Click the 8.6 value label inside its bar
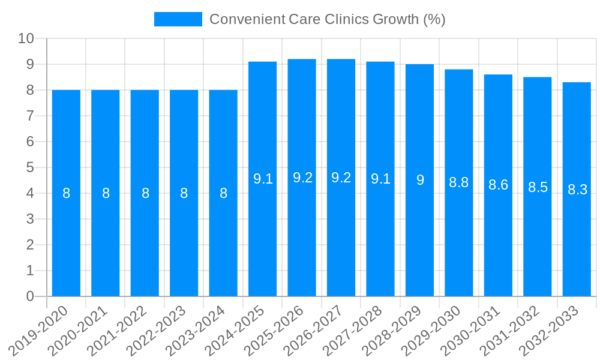coord(498,185)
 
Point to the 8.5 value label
coord(538,187)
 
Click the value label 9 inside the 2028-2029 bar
coord(420,180)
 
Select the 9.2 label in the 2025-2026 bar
coord(302,178)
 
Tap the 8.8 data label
coord(459,182)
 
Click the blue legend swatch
coord(178,19)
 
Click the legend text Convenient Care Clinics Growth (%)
coord(327,19)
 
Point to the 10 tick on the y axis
coord(26,38)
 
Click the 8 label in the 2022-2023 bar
coord(184,193)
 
